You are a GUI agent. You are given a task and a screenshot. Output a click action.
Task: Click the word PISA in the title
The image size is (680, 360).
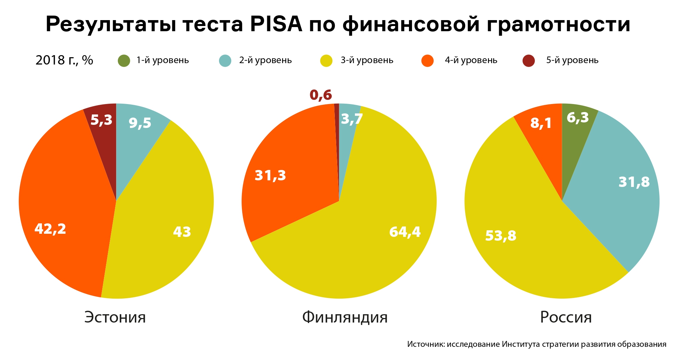(x=276, y=24)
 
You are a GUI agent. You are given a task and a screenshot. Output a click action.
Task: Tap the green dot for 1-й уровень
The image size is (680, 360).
(x=124, y=61)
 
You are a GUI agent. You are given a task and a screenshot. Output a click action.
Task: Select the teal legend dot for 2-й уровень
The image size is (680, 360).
(x=225, y=61)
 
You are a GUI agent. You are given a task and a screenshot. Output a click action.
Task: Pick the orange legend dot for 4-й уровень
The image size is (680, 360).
(x=427, y=61)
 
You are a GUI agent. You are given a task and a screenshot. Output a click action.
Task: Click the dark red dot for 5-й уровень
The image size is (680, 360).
(x=529, y=61)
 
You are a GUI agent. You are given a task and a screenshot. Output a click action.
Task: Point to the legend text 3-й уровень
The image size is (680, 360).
(x=367, y=60)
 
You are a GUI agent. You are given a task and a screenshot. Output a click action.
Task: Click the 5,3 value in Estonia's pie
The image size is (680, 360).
(x=101, y=120)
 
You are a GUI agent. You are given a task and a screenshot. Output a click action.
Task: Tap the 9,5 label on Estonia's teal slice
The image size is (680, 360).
(x=140, y=123)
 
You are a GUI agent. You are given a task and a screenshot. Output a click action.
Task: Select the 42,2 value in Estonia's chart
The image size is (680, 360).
(x=50, y=229)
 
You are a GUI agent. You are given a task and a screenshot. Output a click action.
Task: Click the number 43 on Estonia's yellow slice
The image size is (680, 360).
(x=182, y=232)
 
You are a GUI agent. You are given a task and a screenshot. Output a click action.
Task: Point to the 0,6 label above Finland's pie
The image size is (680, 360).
(x=321, y=95)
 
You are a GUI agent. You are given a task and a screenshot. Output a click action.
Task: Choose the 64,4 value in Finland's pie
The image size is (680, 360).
(x=405, y=232)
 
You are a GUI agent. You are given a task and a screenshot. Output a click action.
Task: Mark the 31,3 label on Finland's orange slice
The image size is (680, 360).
(x=270, y=175)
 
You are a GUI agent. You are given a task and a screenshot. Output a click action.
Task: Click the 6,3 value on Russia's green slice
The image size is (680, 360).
(x=578, y=118)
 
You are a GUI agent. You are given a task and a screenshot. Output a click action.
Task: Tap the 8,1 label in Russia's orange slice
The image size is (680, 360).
(x=541, y=123)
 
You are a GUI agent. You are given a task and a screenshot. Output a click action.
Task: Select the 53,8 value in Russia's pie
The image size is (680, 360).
(x=501, y=236)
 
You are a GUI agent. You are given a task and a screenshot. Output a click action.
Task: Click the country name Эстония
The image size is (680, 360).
(x=115, y=317)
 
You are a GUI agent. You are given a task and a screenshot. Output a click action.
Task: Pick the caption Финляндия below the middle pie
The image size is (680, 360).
(x=345, y=317)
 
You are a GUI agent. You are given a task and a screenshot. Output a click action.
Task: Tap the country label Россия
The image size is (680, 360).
(x=566, y=317)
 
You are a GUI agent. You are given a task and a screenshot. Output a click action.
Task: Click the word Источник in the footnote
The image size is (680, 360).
(x=426, y=344)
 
